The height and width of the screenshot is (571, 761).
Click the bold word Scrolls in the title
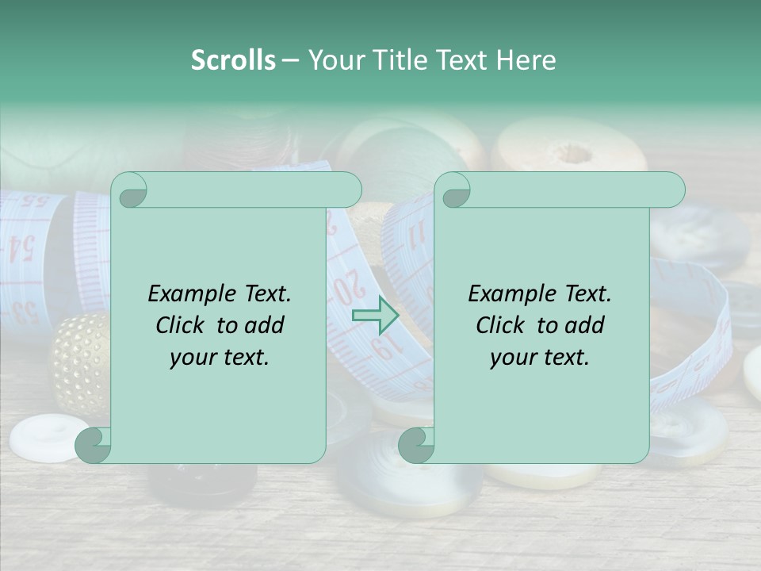click(233, 60)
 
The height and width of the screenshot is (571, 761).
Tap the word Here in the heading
click(526, 60)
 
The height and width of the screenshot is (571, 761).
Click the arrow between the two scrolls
click(376, 316)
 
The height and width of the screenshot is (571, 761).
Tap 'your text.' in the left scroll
click(220, 357)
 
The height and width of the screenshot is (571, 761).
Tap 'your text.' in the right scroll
click(540, 357)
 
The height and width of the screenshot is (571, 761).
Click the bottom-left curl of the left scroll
click(94, 444)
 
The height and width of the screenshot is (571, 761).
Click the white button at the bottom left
click(48, 436)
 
